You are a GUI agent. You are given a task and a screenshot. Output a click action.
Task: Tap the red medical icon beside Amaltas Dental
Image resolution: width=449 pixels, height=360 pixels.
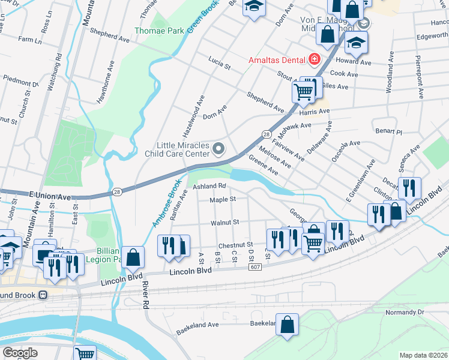pos(314,59)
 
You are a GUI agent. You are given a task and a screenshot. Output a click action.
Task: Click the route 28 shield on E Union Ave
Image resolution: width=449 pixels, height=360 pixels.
pos(116,192)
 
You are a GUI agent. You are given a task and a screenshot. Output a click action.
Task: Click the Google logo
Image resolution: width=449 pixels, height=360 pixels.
pos(20,353)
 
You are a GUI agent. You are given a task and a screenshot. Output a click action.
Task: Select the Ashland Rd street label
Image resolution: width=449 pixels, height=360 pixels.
pos(209,187)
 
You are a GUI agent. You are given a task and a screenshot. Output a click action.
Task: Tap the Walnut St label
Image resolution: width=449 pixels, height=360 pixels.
pos(224,223)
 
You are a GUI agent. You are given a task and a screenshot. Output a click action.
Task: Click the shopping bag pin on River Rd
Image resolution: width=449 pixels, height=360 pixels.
pos(133,256)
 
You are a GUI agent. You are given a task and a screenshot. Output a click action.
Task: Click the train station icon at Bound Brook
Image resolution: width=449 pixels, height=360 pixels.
pos(43,295)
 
